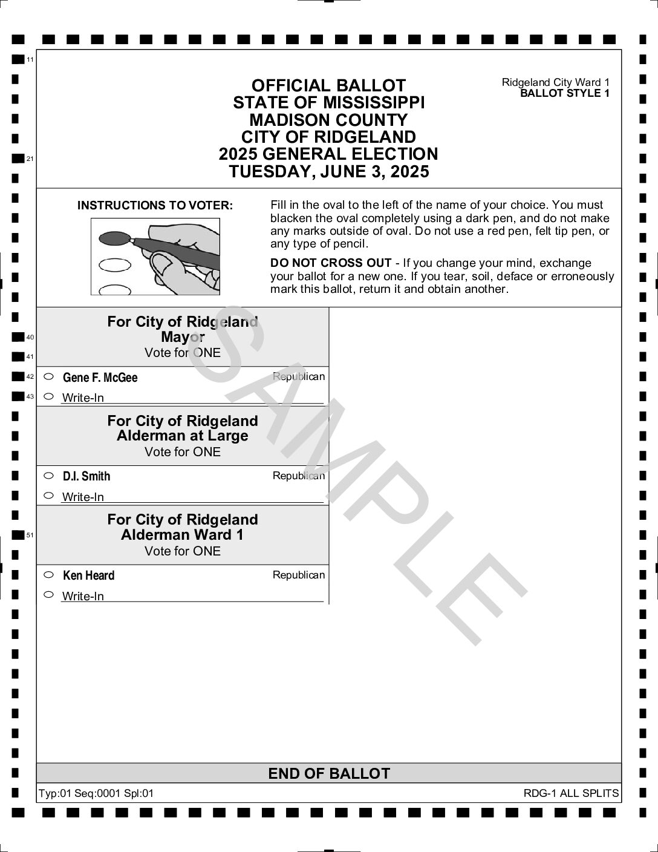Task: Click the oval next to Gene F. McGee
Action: [49, 376]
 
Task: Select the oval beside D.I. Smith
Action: [49, 476]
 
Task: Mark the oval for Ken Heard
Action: [49, 574]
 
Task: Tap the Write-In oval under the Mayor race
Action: [49, 396]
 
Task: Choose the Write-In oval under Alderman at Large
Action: [49, 496]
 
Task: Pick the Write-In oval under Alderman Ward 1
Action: [49, 594]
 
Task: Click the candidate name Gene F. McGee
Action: [100, 378]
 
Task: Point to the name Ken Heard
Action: [88, 575]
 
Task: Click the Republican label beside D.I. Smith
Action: [299, 476]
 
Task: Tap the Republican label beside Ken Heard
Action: [299, 575]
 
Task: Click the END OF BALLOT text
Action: [329, 773]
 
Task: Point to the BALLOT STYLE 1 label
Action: [564, 93]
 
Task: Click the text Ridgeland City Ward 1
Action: [555, 82]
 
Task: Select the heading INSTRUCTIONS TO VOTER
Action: [155, 206]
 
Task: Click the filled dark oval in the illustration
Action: [114, 238]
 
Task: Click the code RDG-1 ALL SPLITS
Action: [571, 793]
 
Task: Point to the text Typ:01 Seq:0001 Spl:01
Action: [96, 793]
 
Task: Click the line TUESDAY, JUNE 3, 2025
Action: [329, 172]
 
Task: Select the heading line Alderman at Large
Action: [183, 436]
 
